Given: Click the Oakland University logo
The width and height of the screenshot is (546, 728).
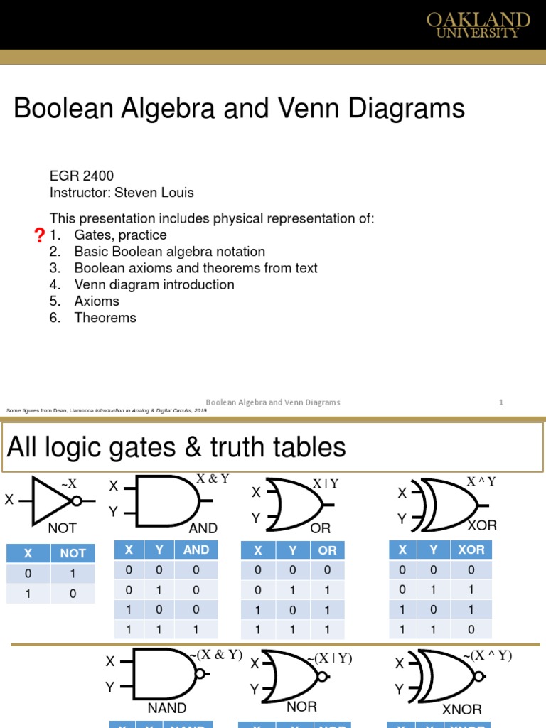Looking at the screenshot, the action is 478,25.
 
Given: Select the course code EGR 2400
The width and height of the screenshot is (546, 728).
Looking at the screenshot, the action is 81,176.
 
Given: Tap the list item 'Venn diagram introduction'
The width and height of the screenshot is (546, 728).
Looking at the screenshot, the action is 154,284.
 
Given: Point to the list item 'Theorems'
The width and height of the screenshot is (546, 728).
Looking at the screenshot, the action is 105,318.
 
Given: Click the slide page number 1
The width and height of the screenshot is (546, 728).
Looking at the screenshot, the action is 501,402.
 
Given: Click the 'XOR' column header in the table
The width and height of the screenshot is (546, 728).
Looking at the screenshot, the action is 471,550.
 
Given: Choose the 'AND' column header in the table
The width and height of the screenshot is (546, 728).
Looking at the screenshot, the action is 196,550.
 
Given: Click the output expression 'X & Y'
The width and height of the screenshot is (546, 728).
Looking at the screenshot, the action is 213,478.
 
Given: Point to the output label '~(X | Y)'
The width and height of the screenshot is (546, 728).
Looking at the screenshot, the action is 329,658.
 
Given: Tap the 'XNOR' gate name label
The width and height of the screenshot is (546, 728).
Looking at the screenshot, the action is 461,710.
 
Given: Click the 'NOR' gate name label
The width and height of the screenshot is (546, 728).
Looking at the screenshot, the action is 301,707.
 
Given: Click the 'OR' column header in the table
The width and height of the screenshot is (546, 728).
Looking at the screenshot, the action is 327,550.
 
